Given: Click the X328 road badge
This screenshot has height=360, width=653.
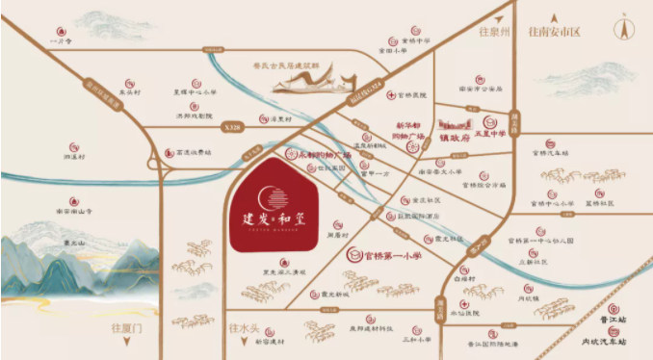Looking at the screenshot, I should pos(230,125).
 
